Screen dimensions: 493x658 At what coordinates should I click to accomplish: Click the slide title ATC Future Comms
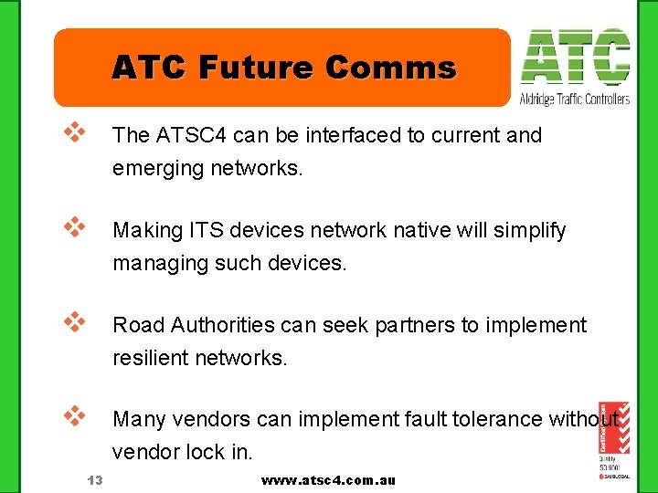283,68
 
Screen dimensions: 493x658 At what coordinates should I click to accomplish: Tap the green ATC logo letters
575,58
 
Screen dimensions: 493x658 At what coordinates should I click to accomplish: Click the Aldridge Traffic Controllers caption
575,99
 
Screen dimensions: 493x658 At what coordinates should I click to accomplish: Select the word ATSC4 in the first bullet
188,135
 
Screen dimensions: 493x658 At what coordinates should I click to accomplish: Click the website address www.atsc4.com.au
328,480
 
